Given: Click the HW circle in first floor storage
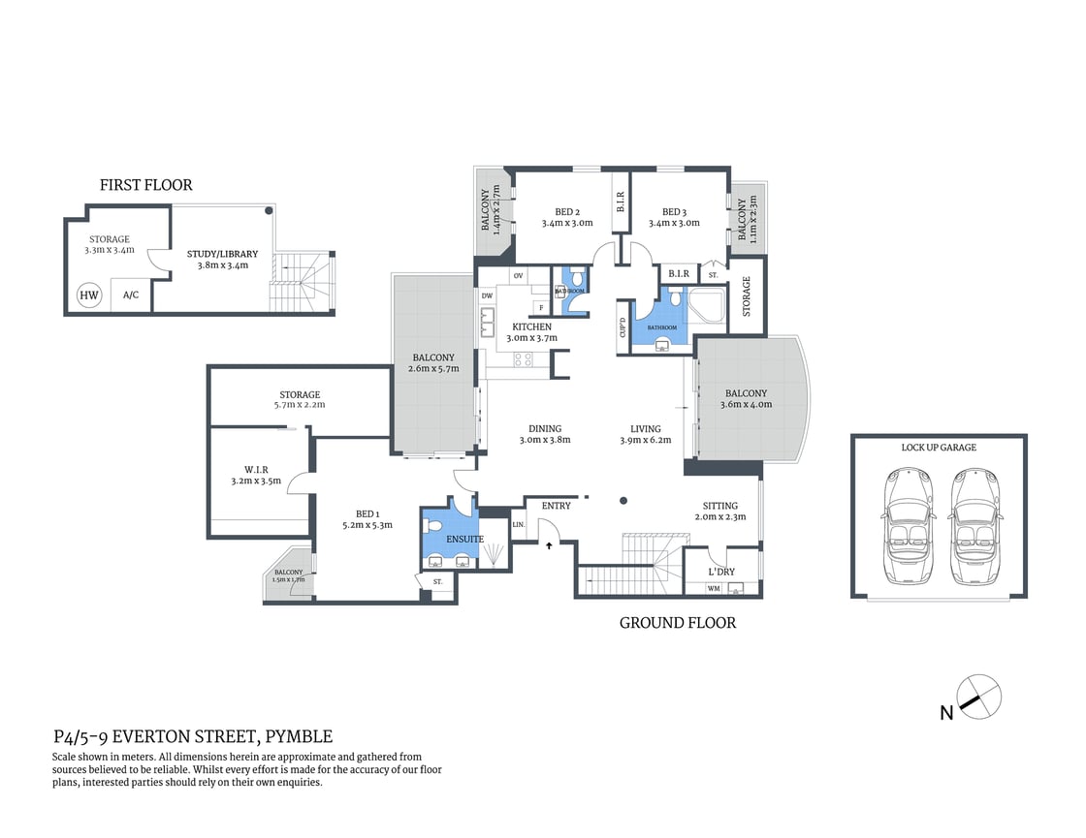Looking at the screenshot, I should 89,295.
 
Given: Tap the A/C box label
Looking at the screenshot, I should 131,296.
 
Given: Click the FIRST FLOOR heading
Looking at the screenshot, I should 146,185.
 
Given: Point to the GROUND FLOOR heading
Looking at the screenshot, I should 677,623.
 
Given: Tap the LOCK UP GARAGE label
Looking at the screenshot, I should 938,448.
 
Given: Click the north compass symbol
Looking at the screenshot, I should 977,697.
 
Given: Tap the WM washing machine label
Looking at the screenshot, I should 714,588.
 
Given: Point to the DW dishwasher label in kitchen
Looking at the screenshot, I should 487,295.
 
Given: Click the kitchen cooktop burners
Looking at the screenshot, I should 524,359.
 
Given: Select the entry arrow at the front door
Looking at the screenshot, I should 551,545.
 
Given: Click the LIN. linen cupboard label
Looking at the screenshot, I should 518,524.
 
